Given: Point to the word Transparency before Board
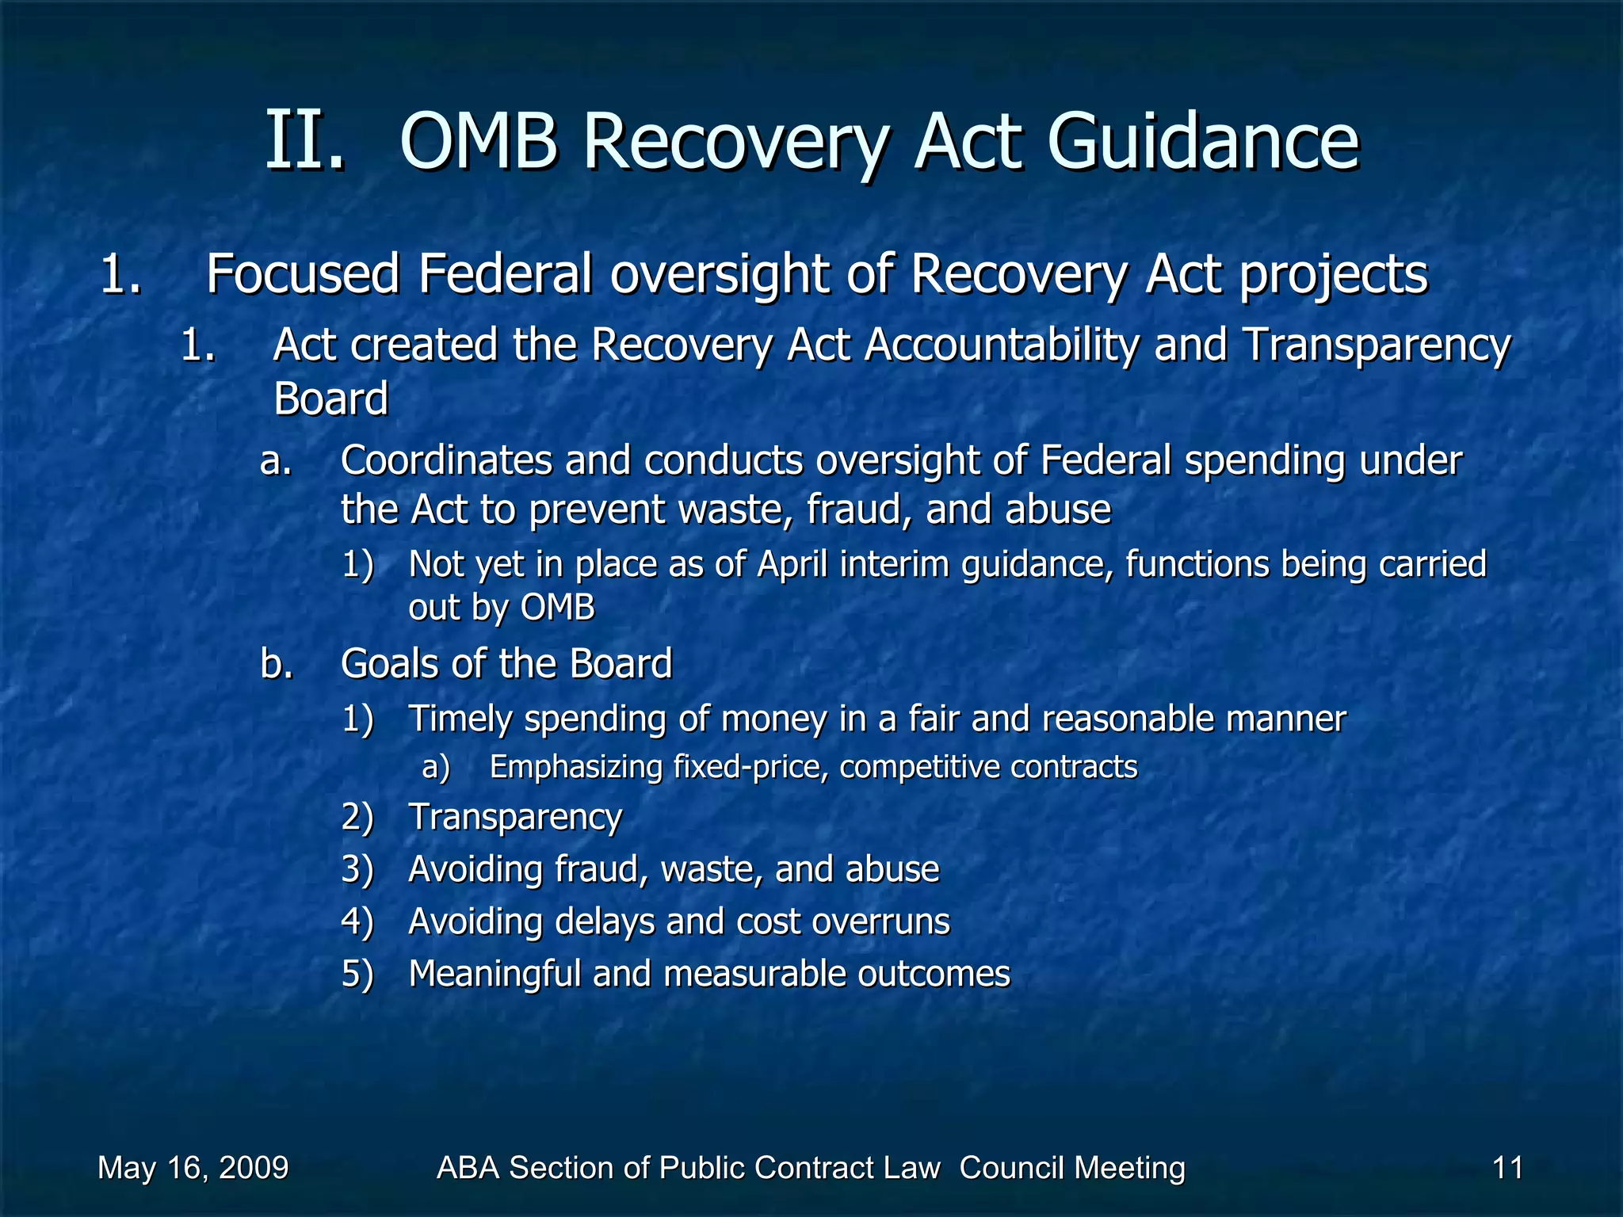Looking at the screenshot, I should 1377,347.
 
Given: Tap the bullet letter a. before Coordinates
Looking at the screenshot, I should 276,461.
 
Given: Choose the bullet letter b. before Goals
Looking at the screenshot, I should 276,664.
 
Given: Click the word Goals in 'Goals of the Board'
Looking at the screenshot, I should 390,664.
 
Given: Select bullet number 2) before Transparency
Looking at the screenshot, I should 357,817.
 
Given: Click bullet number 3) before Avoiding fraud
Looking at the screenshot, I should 357,869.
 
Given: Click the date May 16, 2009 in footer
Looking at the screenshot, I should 193,1168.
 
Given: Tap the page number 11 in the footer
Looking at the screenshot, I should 1507,1168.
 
